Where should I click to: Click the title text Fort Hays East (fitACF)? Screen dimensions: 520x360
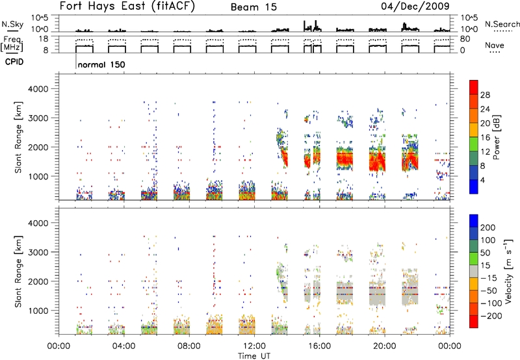127,6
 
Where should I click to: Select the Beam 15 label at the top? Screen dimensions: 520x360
253,7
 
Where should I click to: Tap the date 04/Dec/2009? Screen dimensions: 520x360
415,6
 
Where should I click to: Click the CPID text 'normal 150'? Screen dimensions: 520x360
101,64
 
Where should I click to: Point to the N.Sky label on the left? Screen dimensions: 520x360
12,24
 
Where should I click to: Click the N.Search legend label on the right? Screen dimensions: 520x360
502,24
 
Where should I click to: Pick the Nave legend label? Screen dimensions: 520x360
495,45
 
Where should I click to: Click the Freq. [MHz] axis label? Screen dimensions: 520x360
12,44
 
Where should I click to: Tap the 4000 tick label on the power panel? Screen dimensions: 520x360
38,89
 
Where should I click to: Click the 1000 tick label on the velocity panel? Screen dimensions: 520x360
38,311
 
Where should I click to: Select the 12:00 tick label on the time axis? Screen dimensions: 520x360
254,346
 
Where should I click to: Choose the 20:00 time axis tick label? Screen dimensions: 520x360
385,346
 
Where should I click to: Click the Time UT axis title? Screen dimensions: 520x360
254,355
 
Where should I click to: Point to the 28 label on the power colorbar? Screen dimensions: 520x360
485,95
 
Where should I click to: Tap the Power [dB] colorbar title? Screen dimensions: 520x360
496,137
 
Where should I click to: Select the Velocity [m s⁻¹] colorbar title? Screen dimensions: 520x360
508,271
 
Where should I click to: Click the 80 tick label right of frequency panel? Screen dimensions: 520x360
465,39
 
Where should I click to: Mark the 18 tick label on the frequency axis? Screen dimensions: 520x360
44,39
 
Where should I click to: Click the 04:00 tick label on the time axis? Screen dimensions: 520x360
123,346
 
